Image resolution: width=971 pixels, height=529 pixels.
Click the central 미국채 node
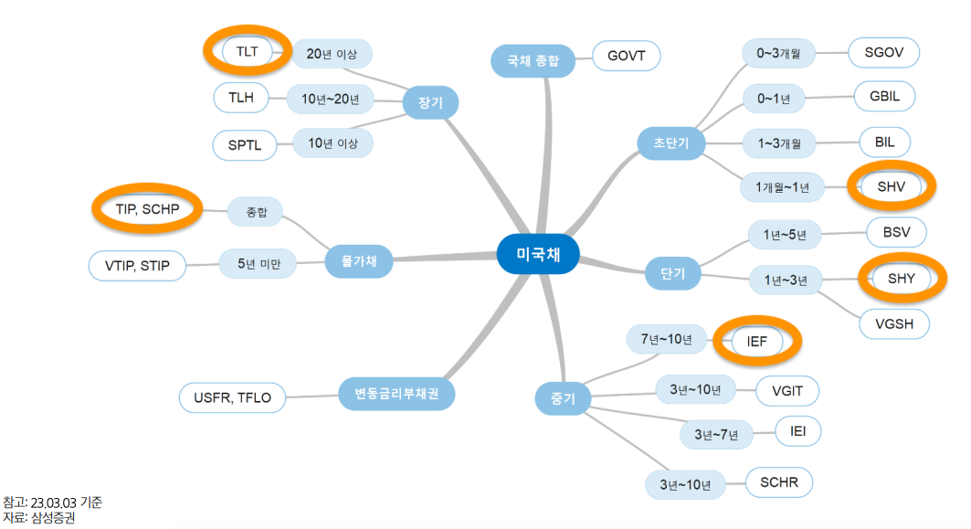(538, 254)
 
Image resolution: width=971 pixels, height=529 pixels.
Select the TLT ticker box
(247, 51)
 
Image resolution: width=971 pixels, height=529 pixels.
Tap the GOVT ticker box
(626, 57)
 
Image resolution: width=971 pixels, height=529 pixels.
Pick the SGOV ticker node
(883, 52)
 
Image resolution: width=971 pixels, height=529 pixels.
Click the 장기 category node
(430, 103)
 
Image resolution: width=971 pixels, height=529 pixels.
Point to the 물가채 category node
(358, 262)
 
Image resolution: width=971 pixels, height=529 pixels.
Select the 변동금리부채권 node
(397, 394)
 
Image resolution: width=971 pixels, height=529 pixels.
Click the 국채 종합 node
(533, 61)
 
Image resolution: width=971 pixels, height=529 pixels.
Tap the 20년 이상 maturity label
(332, 53)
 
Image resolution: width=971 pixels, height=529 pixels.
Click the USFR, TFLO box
(232, 397)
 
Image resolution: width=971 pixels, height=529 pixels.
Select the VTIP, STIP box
(136, 266)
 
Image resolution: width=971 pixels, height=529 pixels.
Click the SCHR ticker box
(779, 481)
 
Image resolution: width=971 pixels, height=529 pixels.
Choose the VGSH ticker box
(894, 323)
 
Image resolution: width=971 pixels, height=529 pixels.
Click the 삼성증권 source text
(52, 518)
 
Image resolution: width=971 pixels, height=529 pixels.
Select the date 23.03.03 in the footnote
(54, 503)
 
